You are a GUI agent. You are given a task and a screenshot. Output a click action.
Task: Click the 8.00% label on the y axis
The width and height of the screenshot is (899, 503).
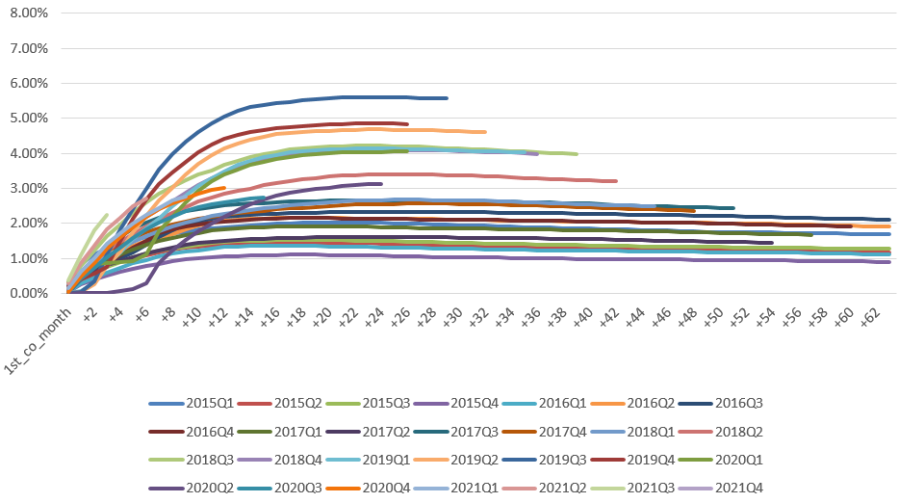(x=29, y=13)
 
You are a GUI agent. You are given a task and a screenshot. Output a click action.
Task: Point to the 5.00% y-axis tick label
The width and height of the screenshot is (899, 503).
(x=29, y=119)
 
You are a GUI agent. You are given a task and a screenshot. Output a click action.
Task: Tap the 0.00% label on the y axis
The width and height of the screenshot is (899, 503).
(x=29, y=293)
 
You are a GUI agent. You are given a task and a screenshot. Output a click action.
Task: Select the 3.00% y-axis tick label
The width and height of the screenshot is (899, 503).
(x=29, y=188)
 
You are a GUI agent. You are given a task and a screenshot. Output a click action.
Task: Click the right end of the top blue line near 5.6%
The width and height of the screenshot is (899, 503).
(x=447, y=97)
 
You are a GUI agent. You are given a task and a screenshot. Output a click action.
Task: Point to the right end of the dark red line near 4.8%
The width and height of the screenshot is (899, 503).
(x=407, y=123)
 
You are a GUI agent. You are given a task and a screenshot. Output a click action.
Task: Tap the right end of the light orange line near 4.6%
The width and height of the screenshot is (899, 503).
(x=485, y=131)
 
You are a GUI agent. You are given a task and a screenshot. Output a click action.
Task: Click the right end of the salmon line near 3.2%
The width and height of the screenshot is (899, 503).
(x=616, y=180)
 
